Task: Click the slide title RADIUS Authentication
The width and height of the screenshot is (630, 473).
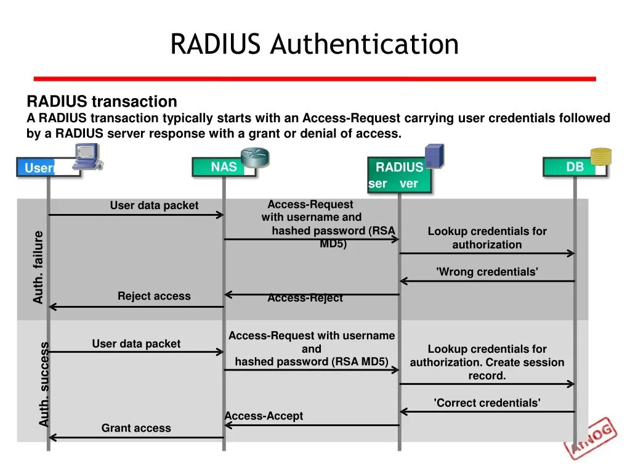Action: [314, 44]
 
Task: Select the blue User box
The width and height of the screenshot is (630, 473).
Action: [48, 167]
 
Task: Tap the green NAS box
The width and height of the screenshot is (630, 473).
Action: [224, 167]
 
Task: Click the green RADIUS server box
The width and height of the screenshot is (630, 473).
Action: [400, 175]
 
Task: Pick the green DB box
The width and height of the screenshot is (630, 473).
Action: [575, 167]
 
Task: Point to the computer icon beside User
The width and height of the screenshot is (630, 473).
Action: [88, 156]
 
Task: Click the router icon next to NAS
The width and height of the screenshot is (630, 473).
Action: [255, 158]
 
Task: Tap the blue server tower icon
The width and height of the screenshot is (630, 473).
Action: [434, 155]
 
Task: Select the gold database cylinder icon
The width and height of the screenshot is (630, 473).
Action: [600, 157]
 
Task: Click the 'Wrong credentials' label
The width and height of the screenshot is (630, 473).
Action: [487, 272]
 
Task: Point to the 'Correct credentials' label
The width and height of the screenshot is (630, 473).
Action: [487, 403]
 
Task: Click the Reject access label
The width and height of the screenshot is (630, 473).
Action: [154, 296]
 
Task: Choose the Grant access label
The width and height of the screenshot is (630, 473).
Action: [136, 428]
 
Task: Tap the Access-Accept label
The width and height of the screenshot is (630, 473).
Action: [264, 416]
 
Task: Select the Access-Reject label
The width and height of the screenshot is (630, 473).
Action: [305, 298]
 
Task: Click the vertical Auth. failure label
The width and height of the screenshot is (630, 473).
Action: [38, 267]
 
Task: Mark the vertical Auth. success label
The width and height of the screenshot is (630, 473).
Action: [44, 384]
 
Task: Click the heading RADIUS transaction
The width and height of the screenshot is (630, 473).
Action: [102, 101]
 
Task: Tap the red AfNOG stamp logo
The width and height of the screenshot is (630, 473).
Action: [590, 438]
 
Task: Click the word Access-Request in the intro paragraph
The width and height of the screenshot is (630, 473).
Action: [351, 118]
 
